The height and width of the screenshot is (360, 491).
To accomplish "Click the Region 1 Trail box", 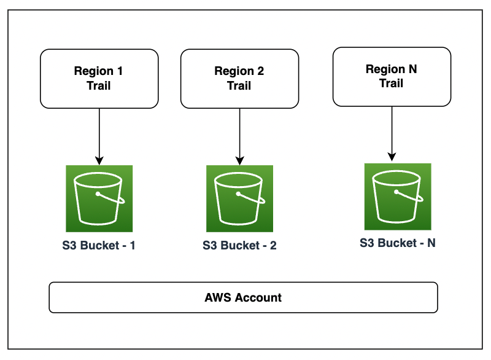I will tap(99, 79).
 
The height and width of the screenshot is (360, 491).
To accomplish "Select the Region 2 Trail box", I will tap(239, 79).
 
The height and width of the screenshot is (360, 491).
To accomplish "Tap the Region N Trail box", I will tap(392, 76).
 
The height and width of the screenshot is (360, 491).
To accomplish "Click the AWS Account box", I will tap(243, 298).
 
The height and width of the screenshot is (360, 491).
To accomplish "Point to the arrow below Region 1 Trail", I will tap(99, 132).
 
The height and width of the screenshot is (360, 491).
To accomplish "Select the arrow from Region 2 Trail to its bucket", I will tap(239, 132).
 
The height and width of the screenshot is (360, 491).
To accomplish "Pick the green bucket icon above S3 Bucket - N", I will tap(397, 196).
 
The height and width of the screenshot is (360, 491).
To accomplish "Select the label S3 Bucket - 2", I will tap(239, 246).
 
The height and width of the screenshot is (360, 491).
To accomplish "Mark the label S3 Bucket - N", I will tap(397, 243).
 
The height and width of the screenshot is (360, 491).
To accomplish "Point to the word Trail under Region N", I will tap(392, 83).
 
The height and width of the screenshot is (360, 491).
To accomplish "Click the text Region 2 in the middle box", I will tap(239, 71).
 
